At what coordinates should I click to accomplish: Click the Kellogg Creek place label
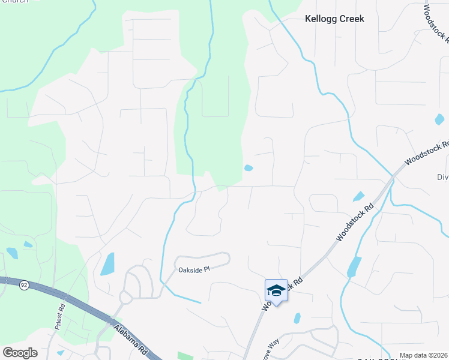click(x=334, y=19)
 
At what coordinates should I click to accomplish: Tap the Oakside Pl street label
click(x=193, y=270)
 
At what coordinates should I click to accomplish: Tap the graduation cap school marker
click(x=276, y=290)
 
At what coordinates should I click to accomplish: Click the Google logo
click(x=20, y=353)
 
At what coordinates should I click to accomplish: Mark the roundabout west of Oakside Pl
click(x=126, y=296)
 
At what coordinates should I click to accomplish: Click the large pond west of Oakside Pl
click(x=107, y=263)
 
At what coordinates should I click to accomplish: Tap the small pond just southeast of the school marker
click(x=297, y=318)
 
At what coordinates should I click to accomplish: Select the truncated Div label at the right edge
click(x=442, y=178)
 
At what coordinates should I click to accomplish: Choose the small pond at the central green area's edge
click(x=249, y=168)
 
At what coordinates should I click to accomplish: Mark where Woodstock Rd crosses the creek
click(x=391, y=178)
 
